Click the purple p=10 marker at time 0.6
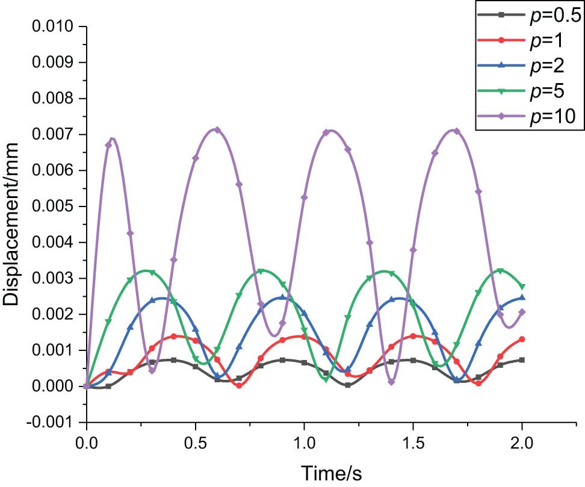coord(217,130)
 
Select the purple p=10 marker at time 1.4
coord(391,382)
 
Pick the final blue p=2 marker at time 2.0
coord(522,297)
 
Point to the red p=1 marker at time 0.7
coord(239,385)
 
